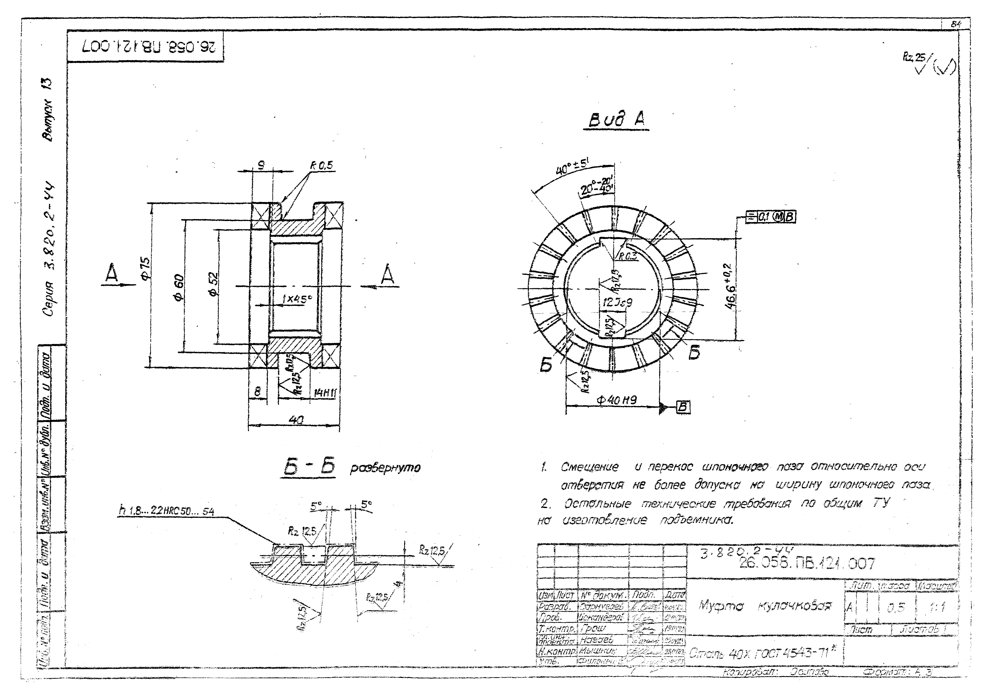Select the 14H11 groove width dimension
tap(325, 393)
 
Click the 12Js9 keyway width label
tap(617, 303)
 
